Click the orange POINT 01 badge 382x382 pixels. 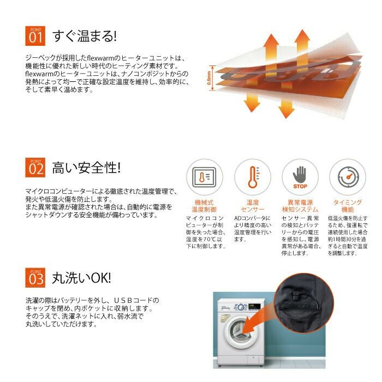coord(35,36)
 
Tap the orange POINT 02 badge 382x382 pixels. coord(35,168)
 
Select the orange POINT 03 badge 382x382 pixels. coord(35,278)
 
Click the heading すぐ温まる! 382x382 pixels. coord(85,36)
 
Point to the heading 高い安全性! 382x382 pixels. coord(86,168)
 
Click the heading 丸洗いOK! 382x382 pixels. coord(82,278)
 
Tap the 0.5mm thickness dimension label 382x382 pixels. coord(209,78)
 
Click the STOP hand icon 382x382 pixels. coord(300,177)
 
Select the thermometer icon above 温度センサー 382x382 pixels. coord(253,177)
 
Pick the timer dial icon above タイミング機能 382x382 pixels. coord(348,177)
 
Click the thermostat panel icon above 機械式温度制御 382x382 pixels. coord(204,177)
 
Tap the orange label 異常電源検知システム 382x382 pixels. coord(300,206)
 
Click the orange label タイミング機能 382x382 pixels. coord(348,206)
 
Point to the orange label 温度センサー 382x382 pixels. coord(253,206)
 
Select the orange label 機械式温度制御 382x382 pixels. coord(204,206)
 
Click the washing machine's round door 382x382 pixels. coord(240,332)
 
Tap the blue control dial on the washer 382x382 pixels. coord(241,307)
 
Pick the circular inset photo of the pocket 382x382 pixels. coord(303,303)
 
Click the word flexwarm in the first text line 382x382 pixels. coord(100,58)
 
